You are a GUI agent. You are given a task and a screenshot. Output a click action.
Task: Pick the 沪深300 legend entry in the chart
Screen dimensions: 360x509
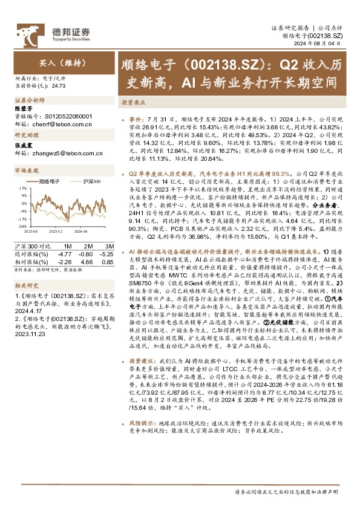pos(89,181)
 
